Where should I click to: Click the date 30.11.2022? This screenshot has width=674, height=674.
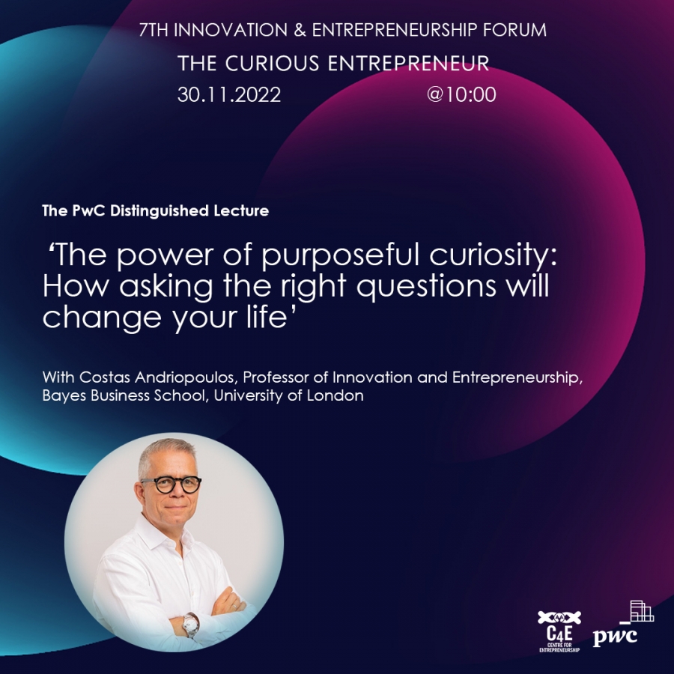tap(229, 94)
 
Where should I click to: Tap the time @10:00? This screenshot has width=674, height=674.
tap(461, 94)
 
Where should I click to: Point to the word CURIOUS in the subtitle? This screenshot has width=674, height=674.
tap(272, 63)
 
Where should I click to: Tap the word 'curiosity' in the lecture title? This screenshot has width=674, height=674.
tap(493, 255)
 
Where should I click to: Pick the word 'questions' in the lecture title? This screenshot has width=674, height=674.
tap(426, 285)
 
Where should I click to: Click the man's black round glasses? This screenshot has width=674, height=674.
tap(171, 485)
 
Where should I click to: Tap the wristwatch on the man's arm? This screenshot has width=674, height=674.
tap(190, 623)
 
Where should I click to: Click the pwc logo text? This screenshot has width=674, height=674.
tap(615, 636)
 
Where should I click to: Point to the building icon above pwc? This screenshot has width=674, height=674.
tap(638, 611)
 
